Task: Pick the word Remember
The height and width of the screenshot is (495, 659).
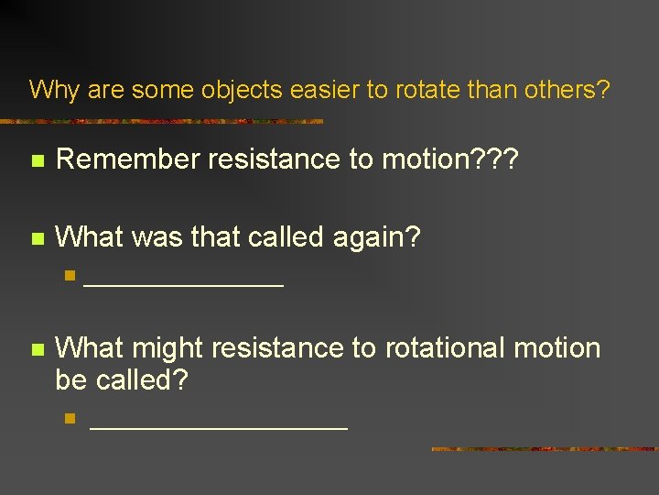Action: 127,159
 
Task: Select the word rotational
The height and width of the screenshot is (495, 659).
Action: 442,348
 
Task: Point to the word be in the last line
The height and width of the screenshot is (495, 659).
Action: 71,379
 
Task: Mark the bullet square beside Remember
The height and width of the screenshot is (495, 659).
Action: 37,161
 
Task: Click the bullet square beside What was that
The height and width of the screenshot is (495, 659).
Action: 37,239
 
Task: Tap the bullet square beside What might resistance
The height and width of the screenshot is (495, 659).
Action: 37,350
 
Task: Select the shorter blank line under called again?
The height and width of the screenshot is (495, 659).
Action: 183,287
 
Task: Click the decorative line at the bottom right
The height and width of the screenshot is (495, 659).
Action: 545,449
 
